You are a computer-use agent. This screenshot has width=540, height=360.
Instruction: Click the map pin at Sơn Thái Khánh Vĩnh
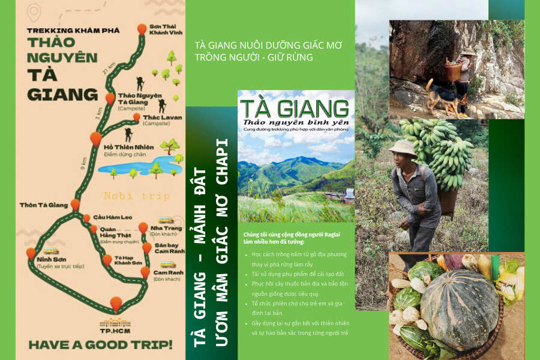[142, 29]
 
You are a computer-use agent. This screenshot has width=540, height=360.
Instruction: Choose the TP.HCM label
[116, 329]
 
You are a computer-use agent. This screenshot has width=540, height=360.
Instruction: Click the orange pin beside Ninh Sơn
[31, 253]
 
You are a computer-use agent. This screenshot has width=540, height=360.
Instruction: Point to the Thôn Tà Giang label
[44, 205]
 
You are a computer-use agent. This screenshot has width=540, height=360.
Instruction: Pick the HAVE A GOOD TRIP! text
[100, 344]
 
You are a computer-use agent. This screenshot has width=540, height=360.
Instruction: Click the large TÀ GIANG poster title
[295, 108]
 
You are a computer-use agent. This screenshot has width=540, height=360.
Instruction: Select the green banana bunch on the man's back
[441, 150]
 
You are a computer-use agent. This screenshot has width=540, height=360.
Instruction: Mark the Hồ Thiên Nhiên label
[129, 147]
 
